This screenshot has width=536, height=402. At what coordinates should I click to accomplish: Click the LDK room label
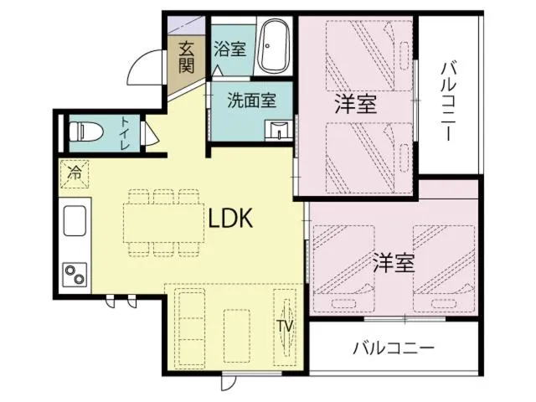coord(231,219)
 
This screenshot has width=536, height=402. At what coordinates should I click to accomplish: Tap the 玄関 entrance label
coord(186,57)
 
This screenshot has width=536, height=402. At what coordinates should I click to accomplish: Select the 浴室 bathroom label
coord(229,49)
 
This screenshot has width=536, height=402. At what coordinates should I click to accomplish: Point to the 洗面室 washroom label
coord(252,100)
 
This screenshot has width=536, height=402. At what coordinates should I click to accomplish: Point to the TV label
coord(284,326)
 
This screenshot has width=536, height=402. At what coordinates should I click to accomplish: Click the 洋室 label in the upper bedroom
coord(355,105)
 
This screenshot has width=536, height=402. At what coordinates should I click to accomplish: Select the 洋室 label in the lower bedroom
coord(394,263)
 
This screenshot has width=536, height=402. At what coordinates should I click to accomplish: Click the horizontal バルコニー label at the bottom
coord(393,347)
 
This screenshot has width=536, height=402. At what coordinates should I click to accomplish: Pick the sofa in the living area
coord(191,331)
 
